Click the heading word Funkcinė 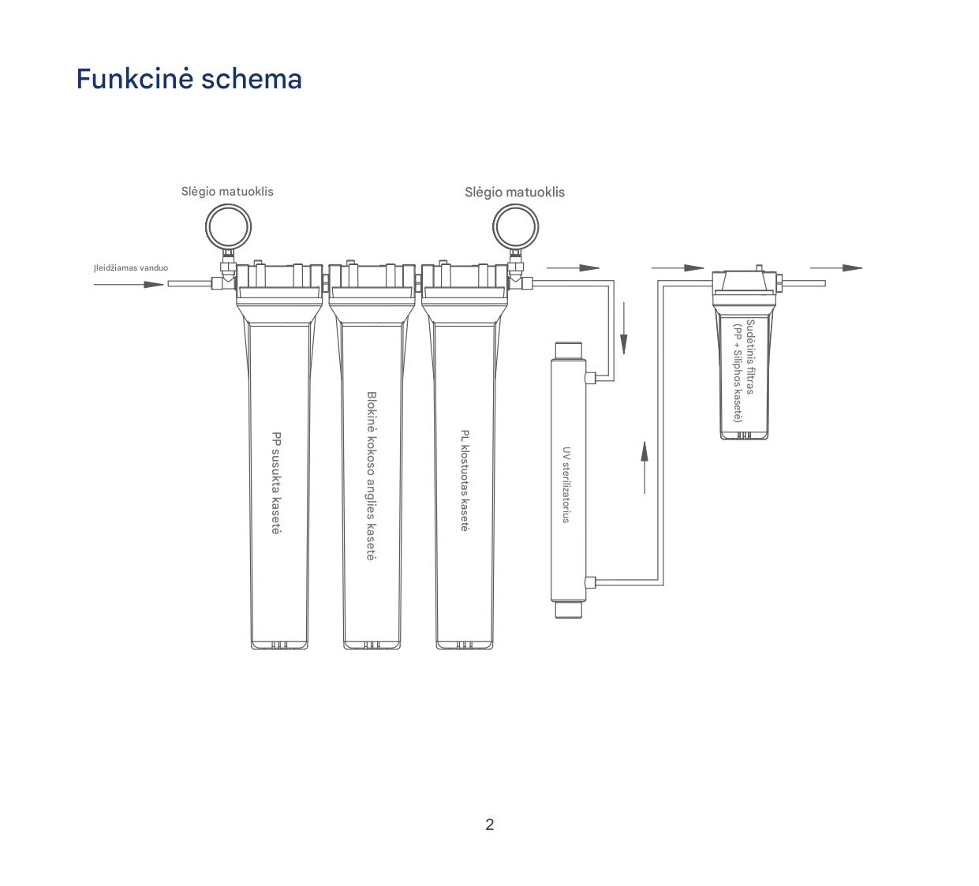(x=135, y=79)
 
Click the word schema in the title (x=252, y=79)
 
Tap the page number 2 (x=489, y=824)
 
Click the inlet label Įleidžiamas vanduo (x=131, y=267)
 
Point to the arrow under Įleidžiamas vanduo (x=129, y=284)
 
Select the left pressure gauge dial (x=228, y=227)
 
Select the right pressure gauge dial (x=516, y=227)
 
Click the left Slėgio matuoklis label (x=227, y=192)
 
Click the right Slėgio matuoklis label (x=515, y=193)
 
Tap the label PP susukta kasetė (x=277, y=482)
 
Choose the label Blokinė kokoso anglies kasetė (x=372, y=476)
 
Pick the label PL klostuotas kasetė (x=465, y=480)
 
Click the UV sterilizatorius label (x=566, y=484)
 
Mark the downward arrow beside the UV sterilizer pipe (x=624, y=328)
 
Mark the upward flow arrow (x=645, y=467)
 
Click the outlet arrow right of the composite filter (x=836, y=267)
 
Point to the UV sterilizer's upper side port (x=590, y=377)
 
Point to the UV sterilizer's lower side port (x=590, y=582)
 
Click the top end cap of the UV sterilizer (x=569, y=350)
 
